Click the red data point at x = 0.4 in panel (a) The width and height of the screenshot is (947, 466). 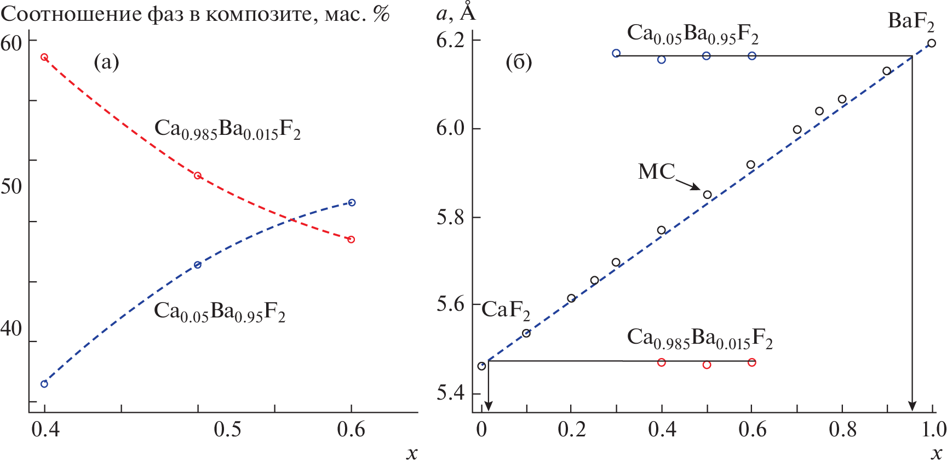44,57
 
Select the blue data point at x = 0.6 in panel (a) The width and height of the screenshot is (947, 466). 352,203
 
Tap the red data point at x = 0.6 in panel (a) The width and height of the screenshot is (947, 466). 351,240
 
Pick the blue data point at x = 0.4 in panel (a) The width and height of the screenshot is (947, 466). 44,384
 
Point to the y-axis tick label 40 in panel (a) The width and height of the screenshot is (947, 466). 12,329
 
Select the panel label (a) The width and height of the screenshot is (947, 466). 106,62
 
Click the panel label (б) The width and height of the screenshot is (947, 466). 519,62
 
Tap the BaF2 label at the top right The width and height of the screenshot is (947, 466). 911,22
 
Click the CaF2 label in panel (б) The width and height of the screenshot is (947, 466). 506,311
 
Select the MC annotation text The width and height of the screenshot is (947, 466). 657,172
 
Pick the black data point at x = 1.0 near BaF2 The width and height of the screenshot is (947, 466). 931,43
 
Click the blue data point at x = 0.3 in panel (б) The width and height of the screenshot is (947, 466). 616,53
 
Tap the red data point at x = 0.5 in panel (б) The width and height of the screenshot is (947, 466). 707,365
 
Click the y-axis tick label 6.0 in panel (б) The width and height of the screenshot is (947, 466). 450,128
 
